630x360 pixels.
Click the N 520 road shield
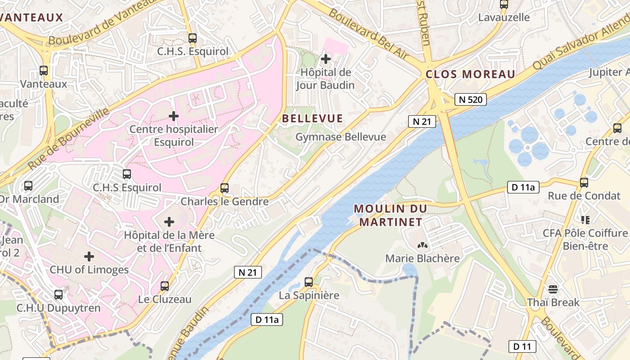click(471, 99)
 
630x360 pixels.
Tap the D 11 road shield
click(522, 346)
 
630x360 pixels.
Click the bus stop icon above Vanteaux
click(44, 71)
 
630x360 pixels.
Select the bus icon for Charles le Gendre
click(225, 188)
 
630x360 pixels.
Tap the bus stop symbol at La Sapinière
click(309, 282)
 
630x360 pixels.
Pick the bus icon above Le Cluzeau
click(165, 286)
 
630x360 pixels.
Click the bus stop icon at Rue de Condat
click(584, 183)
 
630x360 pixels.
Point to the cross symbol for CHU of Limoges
click(89, 256)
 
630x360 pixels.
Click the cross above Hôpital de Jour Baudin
click(325, 58)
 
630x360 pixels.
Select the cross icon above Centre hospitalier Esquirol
click(174, 116)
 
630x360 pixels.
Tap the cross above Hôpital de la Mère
click(169, 222)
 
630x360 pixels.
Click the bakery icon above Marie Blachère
click(422, 245)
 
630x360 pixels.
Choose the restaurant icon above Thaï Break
click(553, 289)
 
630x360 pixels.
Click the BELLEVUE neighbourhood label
click(312, 119)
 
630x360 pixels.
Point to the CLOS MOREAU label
click(470, 75)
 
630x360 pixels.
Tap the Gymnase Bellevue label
click(341, 137)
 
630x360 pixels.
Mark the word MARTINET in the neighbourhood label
click(391, 222)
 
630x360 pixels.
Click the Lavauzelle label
click(504, 18)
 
